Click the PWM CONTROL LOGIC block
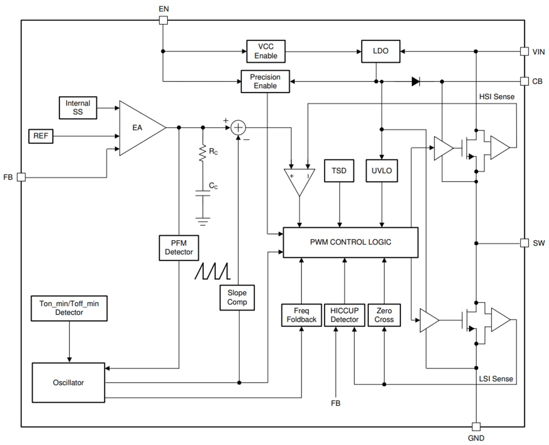[x=350, y=242]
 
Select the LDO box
[x=381, y=51]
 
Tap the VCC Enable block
[x=266, y=51]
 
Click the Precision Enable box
[x=265, y=81]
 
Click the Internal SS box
[x=77, y=107]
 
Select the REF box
[x=41, y=135]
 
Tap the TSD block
[x=339, y=170]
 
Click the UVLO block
[x=382, y=170]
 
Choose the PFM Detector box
[x=179, y=247]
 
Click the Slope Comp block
[x=237, y=297]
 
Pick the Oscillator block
[x=68, y=382]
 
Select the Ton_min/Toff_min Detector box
[x=69, y=308]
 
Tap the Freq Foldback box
[x=301, y=315]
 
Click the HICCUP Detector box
[x=344, y=315]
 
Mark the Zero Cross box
[x=384, y=315]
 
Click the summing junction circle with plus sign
[x=239, y=127]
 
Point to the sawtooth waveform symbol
[x=213, y=270]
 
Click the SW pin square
[x=524, y=243]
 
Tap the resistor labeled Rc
[x=203, y=153]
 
